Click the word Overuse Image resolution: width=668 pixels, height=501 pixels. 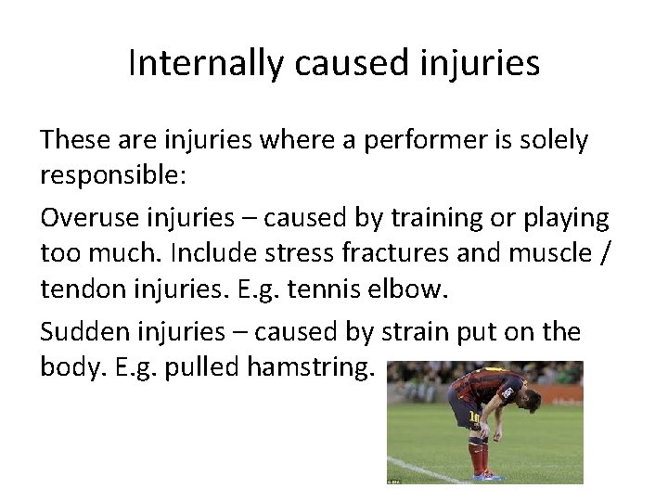click(88, 218)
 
